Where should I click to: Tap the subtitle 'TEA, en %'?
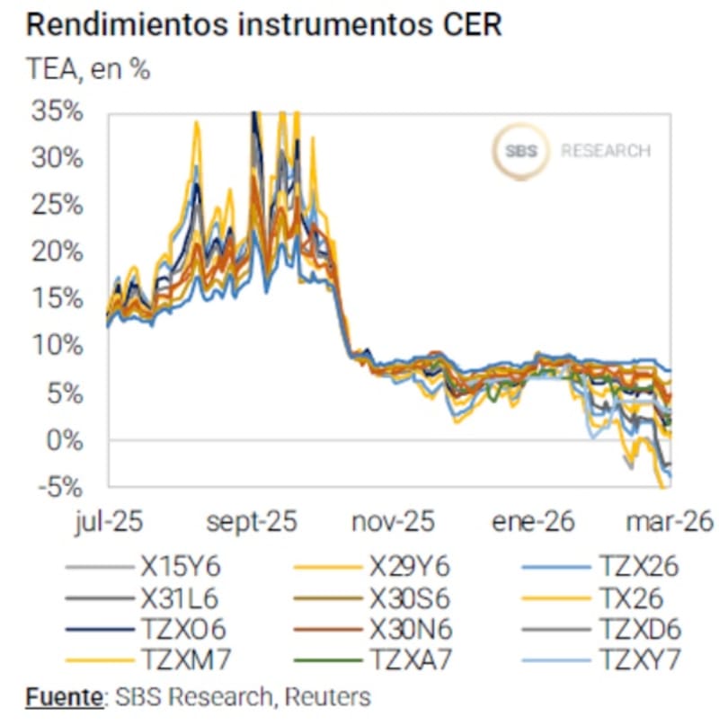(88, 71)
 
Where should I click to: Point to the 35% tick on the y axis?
(58, 113)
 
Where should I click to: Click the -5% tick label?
(60, 487)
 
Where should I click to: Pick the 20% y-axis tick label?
(58, 252)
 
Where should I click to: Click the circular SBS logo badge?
(520, 151)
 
